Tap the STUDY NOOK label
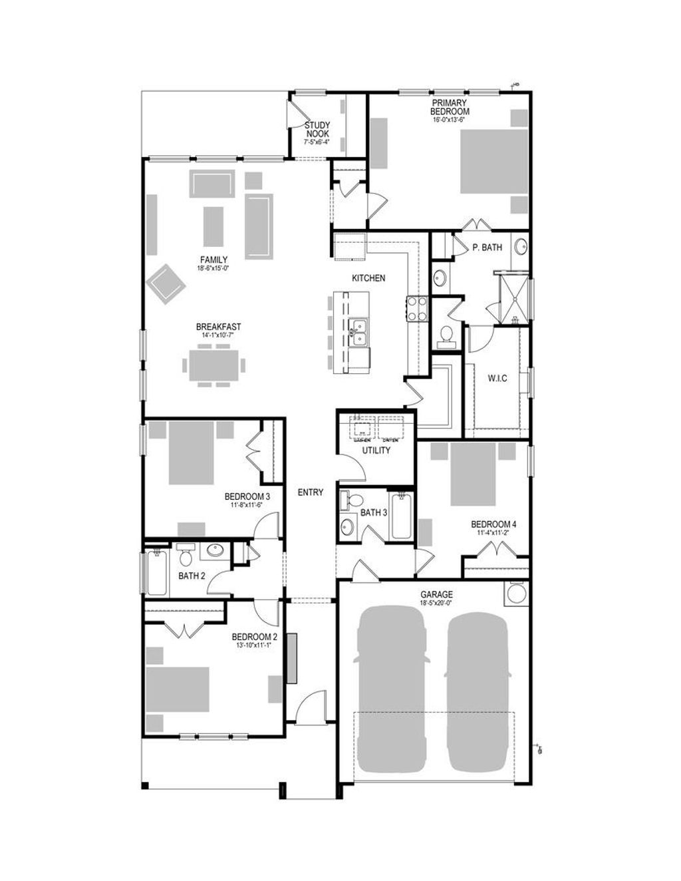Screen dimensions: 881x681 317,130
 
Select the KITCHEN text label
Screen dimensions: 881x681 368,278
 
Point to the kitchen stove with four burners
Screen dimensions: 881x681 416,309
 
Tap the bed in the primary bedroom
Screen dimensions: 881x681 494,161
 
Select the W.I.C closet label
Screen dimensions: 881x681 497,379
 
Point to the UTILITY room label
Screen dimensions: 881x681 376,450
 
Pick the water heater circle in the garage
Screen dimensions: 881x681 515,593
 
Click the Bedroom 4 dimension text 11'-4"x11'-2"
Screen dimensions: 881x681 493,532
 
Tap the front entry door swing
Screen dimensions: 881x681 312,705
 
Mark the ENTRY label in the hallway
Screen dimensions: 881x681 310,492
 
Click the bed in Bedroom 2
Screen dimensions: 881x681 178,689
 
